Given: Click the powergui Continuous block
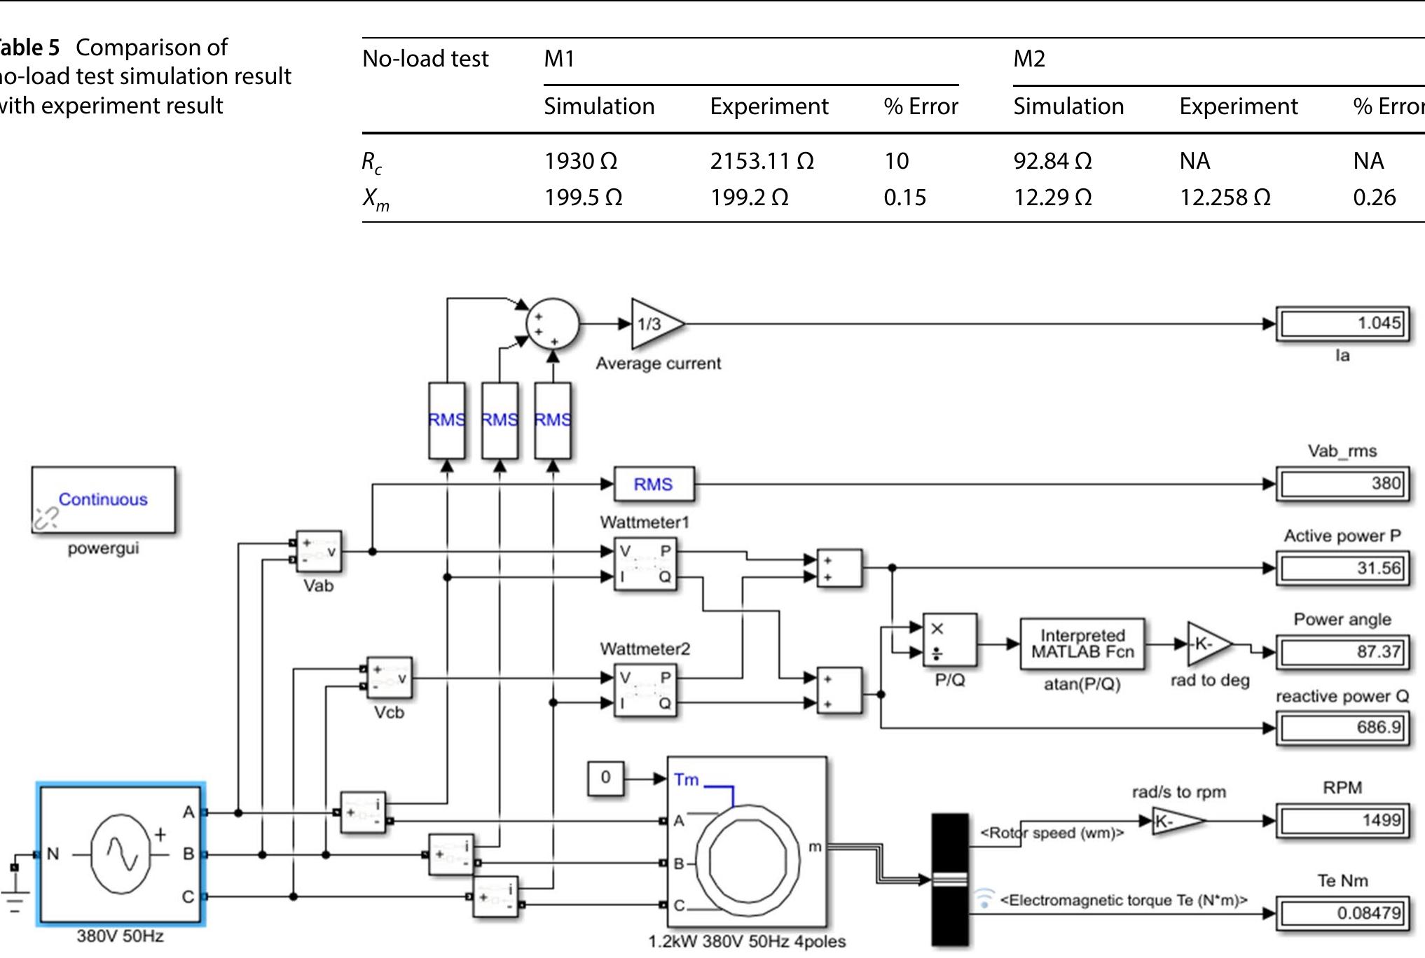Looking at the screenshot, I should pyautogui.click(x=103, y=499).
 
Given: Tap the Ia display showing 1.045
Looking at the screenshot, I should pyautogui.click(x=1342, y=324).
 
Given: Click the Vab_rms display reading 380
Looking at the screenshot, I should pyautogui.click(x=1342, y=484).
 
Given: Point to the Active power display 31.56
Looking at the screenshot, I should pyautogui.click(x=1342, y=568).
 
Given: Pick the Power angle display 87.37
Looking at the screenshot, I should pyautogui.click(x=1342, y=652).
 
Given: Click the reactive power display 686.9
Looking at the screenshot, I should pyautogui.click(x=1342, y=728).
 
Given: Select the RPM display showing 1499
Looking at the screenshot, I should pyautogui.click(x=1342, y=820).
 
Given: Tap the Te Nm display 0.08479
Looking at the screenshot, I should pyautogui.click(x=1342, y=912).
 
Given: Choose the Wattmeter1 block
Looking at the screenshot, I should pyautogui.click(x=645, y=564).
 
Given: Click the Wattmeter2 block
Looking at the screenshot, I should pyautogui.click(x=645, y=690).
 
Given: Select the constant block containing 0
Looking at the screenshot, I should pyautogui.click(x=605, y=777).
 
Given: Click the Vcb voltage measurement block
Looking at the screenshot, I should pyautogui.click(x=390, y=678).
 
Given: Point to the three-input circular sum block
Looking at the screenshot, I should pyautogui.click(x=552, y=324).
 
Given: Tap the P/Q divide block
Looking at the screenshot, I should pyautogui.click(x=949, y=640).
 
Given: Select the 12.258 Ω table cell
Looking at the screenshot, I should pyautogui.click(x=1225, y=198).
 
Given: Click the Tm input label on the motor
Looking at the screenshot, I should pyautogui.click(x=686, y=779).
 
